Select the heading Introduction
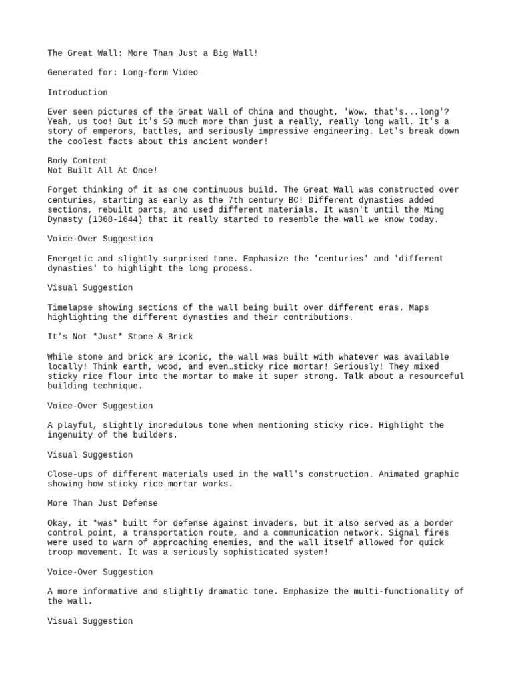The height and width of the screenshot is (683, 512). pyautogui.click(x=77, y=92)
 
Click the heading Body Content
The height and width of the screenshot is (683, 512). pyautogui.click(x=77, y=161)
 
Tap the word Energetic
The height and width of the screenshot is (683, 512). pyautogui.click(x=70, y=258)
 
